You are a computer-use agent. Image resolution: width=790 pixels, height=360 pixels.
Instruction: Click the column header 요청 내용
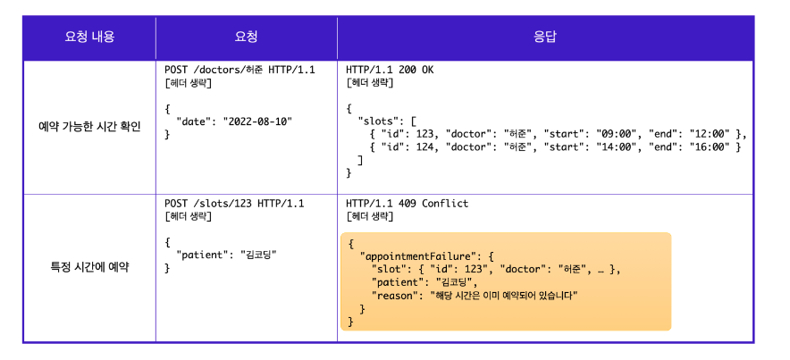89,38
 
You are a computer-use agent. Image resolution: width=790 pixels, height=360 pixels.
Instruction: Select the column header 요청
246,38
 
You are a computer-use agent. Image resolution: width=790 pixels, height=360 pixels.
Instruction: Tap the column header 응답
545,38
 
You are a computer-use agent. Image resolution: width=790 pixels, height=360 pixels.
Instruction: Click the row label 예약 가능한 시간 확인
89,126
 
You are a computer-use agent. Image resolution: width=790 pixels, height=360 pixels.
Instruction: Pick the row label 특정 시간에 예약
89,267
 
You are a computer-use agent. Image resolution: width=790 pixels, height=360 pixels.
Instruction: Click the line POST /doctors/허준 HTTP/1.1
240,70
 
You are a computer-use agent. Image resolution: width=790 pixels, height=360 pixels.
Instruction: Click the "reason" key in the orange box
396,294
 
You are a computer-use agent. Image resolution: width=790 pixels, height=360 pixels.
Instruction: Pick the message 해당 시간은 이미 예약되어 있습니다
504,294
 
